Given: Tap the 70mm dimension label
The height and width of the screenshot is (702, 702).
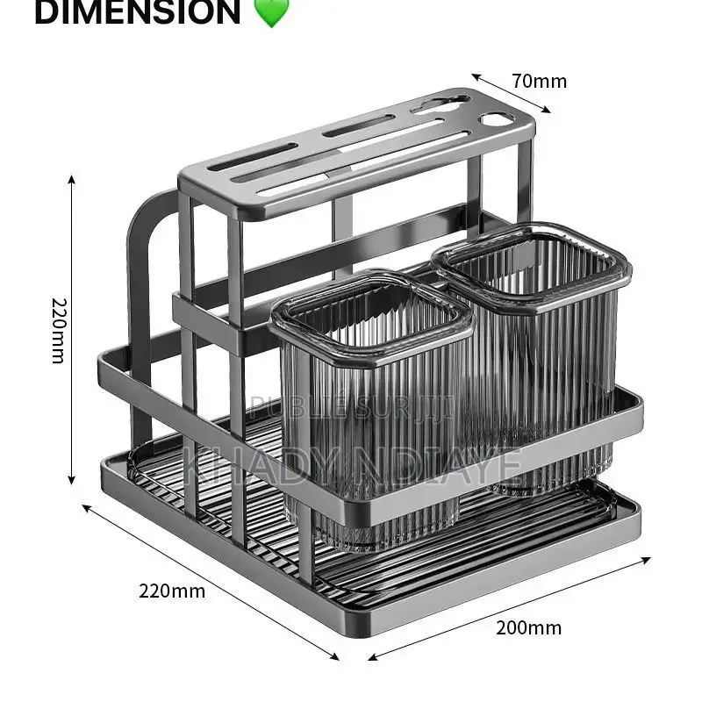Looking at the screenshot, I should point(539,82).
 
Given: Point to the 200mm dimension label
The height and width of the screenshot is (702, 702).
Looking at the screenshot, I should point(528,627).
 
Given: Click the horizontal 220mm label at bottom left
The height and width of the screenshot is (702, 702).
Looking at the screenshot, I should point(171,591).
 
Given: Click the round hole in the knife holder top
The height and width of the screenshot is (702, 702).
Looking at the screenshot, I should point(496,119).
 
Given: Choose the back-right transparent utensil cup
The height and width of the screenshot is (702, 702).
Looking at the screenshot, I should point(535,351).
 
